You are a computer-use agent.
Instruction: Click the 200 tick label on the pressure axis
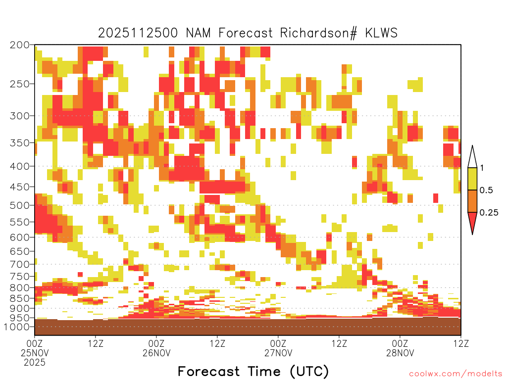point(19,45)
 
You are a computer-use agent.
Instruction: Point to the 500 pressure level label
point(19,205)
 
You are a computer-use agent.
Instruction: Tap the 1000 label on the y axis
point(17,327)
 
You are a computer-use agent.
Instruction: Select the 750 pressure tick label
point(19,277)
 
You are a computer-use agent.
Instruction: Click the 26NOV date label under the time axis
point(156,353)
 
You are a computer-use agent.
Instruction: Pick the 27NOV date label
point(278,353)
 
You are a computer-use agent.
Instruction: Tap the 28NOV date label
point(400,353)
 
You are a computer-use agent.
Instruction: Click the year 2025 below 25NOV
point(35,363)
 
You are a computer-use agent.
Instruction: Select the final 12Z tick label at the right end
point(461,343)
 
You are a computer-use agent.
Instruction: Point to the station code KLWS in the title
point(381,33)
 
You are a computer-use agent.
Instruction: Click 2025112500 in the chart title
point(138,33)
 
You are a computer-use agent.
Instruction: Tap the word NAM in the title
point(198,33)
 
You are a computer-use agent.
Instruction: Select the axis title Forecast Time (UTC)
point(253,372)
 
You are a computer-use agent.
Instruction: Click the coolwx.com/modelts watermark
point(456,374)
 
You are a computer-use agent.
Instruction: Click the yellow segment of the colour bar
point(472,179)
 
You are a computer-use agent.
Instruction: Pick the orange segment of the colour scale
point(472,201)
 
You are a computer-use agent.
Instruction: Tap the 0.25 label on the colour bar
point(489,213)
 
